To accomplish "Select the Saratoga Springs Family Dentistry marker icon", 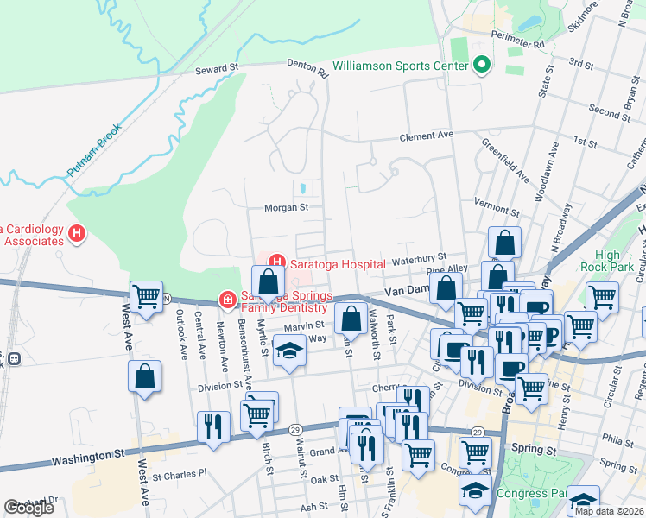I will coord(228,300).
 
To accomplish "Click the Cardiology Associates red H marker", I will coord(78,233).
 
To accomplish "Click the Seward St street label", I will coord(216,68).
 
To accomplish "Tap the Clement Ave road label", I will coord(426,136).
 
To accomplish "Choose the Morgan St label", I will coord(286,207).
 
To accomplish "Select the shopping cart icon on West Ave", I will coord(147,297).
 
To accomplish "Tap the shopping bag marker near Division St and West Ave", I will coord(144,376).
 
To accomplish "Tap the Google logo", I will coord(28,507).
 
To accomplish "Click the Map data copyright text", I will coord(608,510).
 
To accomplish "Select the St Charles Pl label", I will coord(180,474).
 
